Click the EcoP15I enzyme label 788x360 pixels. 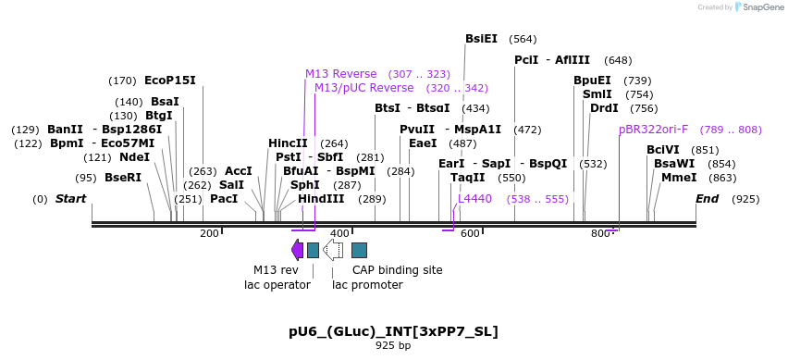pyautogui.click(x=170, y=81)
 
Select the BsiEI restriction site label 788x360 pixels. pyautogui.click(x=481, y=39)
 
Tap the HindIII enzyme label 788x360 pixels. pyautogui.click(x=321, y=199)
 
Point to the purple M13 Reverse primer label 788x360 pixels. pyautogui.click(x=341, y=74)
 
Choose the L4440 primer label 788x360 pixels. pyautogui.click(x=475, y=199)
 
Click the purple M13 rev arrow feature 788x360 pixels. pyautogui.click(x=297, y=250)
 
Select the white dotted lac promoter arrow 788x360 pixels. pyautogui.click(x=333, y=250)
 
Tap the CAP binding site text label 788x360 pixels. pyautogui.click(x=398, y=270)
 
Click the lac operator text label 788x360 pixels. pyautogui.click(x=271, y=285)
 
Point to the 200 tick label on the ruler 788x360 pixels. pyautogui.click(x=209, y=233)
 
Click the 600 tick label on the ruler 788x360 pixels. pyautogui.click(x=470, y=233)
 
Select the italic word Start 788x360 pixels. pyautogui.click(x=70, y=199)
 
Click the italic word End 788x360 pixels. pyautogui.click(x=707, y=199)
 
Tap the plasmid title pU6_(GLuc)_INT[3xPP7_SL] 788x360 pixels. pyautogui.click(x=393, y=331)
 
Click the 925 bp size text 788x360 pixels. pyautogui.click(x=393, y=346)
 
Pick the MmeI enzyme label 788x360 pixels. pyautogui.click(x=679, y=178)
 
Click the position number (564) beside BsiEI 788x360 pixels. pyautogui.click(x=523, y=39)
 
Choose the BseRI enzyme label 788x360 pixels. pyautogui.click(x=123, y=178)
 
